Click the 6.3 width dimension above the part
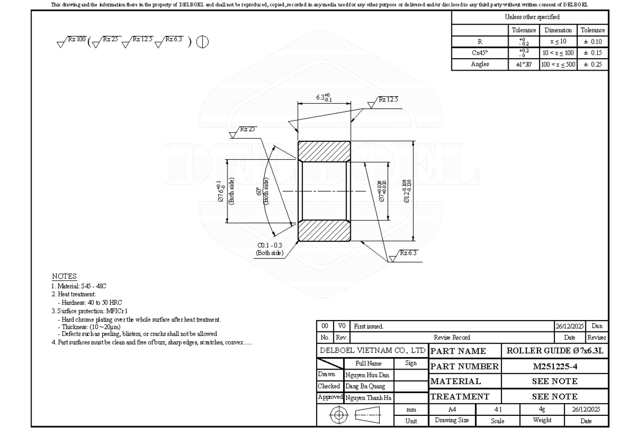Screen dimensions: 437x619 [x=323, y=97]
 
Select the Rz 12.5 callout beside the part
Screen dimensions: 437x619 [x=387, y=99]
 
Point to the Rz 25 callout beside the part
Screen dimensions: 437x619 [x=247, y=129]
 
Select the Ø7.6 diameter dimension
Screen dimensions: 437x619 [x=220, y=191]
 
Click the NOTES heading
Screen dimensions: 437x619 [x=64, y=277]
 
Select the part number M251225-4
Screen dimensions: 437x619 [x=555, y=366]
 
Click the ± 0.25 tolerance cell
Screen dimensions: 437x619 [x=592, y=64]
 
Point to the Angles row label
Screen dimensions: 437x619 [x=480, y=64]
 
